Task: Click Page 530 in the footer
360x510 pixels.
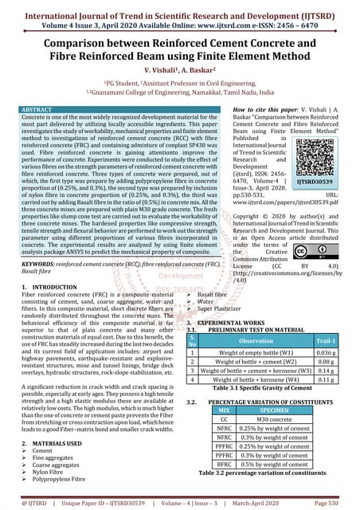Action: point(332,504)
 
